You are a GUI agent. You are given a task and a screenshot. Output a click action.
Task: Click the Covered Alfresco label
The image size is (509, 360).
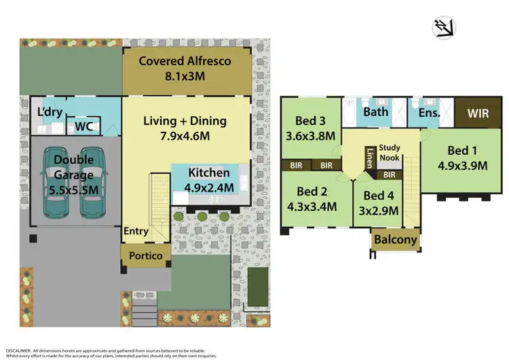185,68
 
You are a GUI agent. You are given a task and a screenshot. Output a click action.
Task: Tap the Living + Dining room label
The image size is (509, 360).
185,128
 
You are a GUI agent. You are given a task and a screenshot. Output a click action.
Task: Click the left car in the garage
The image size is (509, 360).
57,183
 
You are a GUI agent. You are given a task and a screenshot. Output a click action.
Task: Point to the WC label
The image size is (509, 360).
84,126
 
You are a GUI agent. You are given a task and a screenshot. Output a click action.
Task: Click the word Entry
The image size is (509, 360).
136,232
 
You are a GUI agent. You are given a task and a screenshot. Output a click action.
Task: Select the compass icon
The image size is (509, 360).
444,28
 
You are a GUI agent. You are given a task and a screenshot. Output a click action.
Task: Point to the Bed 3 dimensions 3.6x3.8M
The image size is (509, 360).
311,136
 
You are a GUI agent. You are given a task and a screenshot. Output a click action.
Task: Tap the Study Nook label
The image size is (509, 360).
390,152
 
